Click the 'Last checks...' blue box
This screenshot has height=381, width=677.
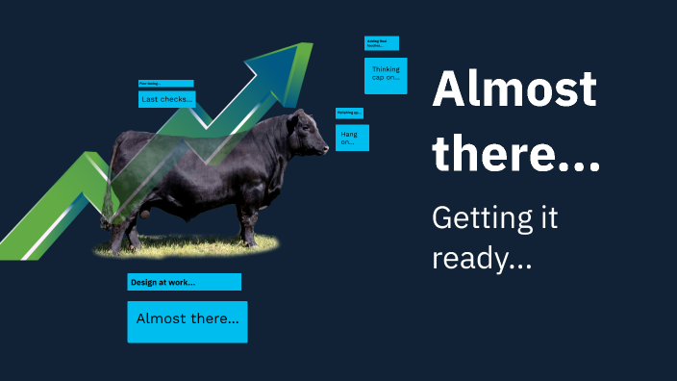click(x=167, y=99)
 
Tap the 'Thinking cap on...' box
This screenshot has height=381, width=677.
click(x=386, y=75)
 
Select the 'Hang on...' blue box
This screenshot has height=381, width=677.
click(x=352, y=138)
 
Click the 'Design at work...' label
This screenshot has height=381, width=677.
click(x=184, y=282)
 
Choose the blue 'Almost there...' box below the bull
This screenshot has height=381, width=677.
click(x=188, y=321)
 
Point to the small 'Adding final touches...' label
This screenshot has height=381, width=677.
click(x=381, y=43)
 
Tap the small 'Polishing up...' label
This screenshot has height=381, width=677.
click(x=349, y=113)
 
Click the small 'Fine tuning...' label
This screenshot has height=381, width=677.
click(x=165, y=84)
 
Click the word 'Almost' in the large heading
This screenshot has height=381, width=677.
click(x=514, y=90)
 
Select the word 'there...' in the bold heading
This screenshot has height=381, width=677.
click(x=515, y=153)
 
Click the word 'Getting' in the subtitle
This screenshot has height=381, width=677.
click(x=481, y=219)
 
